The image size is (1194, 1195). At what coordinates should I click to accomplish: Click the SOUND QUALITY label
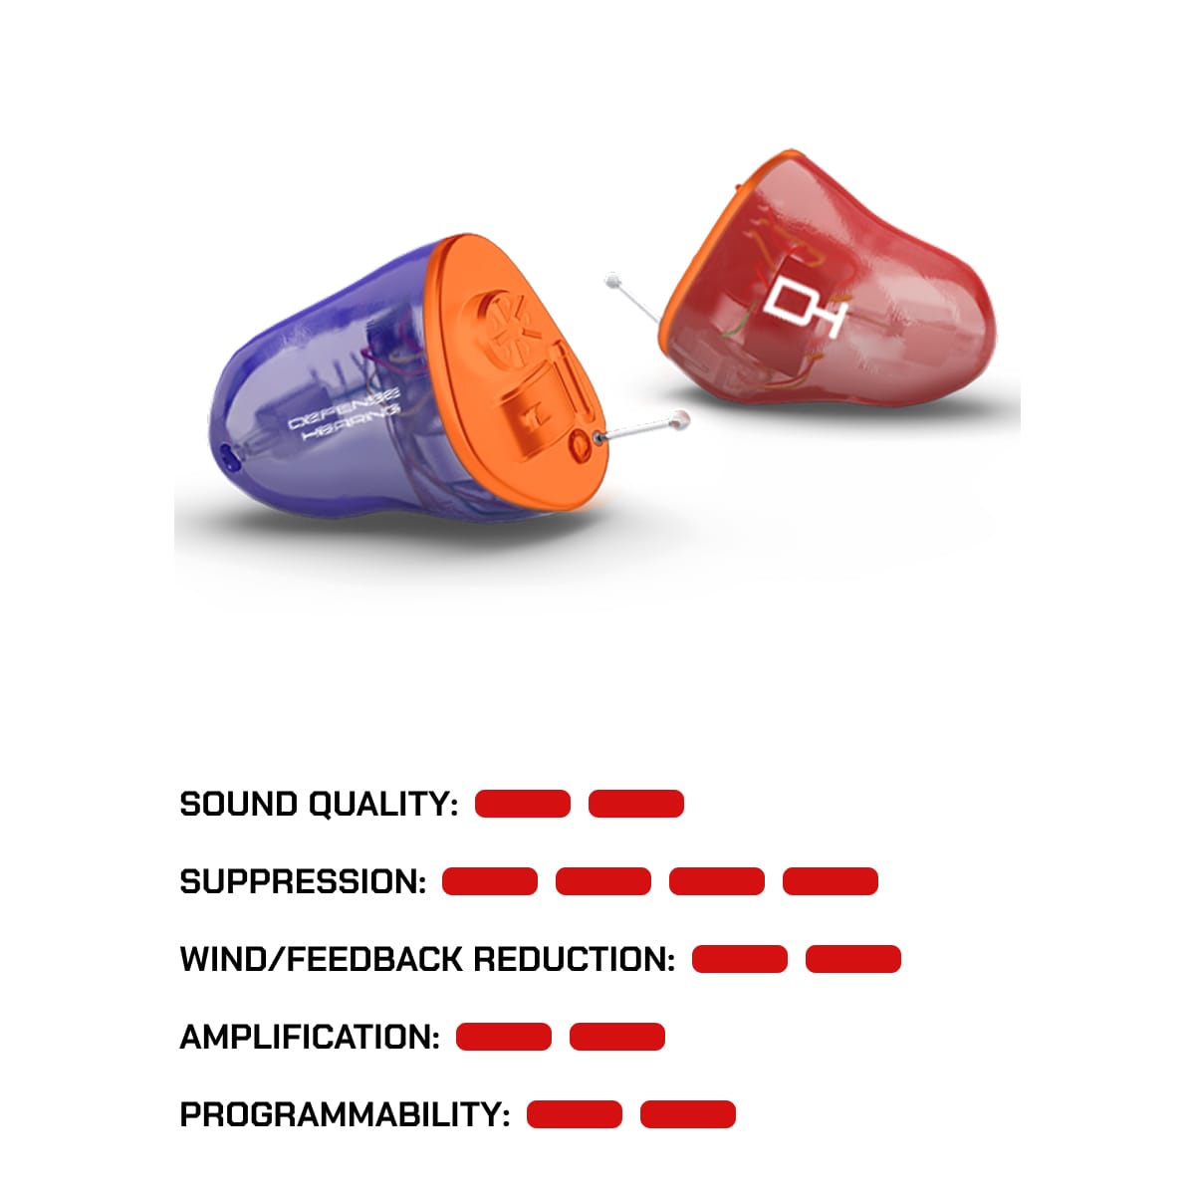pyautogui.click(x=319, y=805)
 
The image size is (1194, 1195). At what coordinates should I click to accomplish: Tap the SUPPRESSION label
pyautogui.click(x=303, y=882)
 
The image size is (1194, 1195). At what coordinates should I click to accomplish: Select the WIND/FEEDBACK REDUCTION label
pyautogui.click(x=427, y=960)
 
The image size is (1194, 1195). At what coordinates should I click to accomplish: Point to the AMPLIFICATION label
pyautogui.click(x=310, y=1038)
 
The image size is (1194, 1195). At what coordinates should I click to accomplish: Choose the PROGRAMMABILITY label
pyautogui.click(x=345, y=1115)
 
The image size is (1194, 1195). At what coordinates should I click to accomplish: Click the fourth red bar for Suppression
pyautogui.click(x=831, y=881)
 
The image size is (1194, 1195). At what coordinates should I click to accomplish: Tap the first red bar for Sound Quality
pyautogui.click(x=523, y=804)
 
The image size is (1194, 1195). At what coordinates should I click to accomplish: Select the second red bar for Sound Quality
pyautogui.click(x=636, y=804)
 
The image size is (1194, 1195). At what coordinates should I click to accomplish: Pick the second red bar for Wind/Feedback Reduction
pyautogui.click(x=853, y=959)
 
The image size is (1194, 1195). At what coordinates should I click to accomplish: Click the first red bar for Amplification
pyautogui.click(x=504, y=1037)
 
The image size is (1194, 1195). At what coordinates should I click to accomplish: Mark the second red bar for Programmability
pyautogui.click(x=688, y=1114)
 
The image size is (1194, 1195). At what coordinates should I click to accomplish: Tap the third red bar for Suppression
pyautogui.click(x=717, y=881)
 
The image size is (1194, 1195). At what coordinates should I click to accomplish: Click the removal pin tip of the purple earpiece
pyautogui.click(x=682, y=418)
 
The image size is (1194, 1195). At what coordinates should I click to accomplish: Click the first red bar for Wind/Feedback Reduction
pyautogui.click(x=740, y=959)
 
